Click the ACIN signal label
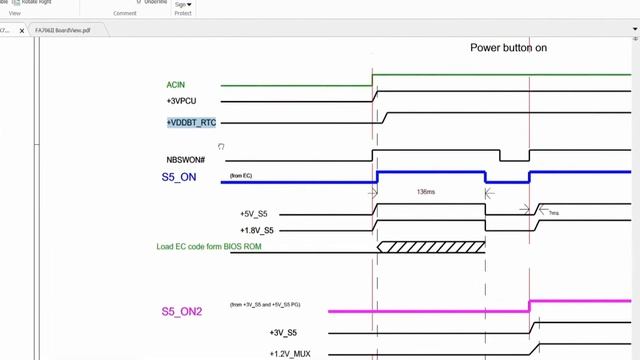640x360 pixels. (x=175, y=85)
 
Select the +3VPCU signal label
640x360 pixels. (x=183, y=101)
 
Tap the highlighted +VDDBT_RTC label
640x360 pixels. (x=191, y=122)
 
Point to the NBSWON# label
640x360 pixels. (x=185, y=160)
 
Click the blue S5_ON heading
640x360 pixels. (x=179, y=177)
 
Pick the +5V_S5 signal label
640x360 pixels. (x=253, y=214)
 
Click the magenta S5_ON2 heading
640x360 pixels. (x=182, y=311)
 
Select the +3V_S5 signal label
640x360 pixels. (x=283, y=332)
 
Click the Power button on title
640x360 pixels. (x=508, y=48)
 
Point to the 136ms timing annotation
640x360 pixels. (x=425, y=191)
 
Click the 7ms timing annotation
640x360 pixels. (x=553, y=213)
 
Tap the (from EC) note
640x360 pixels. (x=241, y=176)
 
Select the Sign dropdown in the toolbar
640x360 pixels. (x=183, y=4)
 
